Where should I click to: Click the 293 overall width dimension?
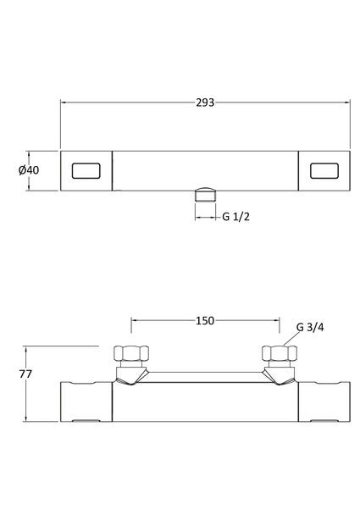pyautogui.click(x=205, y=102)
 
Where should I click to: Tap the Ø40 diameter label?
pyautogui.click(x=29, y=170)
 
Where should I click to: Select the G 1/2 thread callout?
pyautogui.click(x=236, y=217)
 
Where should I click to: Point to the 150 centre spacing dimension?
pyautogui.click(x=205, y=320)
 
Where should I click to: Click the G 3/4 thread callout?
pyautogui.click(x=310, y=328)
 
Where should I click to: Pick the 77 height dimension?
pyautogui.click(x=25, y=374)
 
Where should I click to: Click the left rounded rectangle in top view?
pyautogui.click(x=86, y=171)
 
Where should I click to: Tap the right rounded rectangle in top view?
pyautogui.click(x=324, y=171)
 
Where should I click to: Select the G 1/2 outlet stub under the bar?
pyautogui.click(x=205, y=194)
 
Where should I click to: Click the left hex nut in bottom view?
pyautogui.click(x=131, y=353)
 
